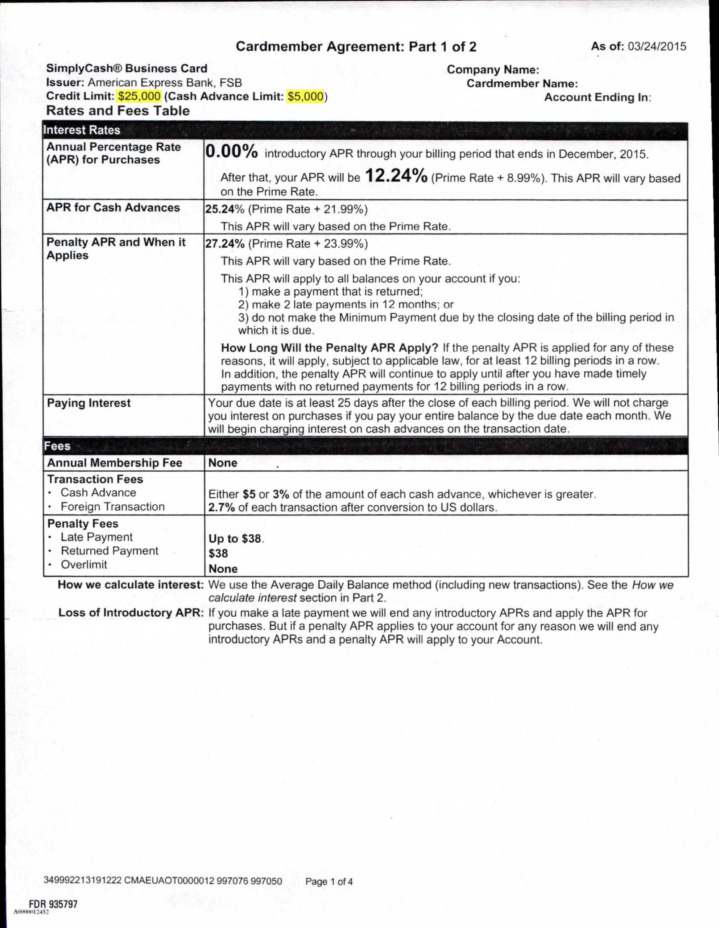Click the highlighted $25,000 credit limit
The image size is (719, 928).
click(x=139, y=96)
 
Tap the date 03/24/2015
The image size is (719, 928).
click(x=657, y=46)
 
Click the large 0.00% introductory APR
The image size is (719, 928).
click(x=232, y=152)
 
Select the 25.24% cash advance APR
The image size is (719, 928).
click(x=225, y=210)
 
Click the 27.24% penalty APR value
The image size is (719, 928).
click(x=225, y=244)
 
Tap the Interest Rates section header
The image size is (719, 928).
click(x=82, y=130)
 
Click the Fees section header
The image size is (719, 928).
click(x=57, y=446)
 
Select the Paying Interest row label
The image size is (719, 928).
click(x=89, y=403)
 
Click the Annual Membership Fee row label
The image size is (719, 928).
click(x=115, y=463)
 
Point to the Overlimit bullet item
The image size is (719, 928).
click(x=84, y=565)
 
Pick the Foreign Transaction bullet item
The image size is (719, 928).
click(x=112, y=507)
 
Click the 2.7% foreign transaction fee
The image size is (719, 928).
click(x=222, y=507)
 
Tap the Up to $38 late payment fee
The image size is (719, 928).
click(x=235, y=538)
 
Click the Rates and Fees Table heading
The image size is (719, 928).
click(x=118, y=111)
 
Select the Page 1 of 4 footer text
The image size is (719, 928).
click(x=329, y=882)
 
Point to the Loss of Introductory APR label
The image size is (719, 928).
click(x=131, y=613)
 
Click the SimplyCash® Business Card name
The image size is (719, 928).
click(x=127, y=69)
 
